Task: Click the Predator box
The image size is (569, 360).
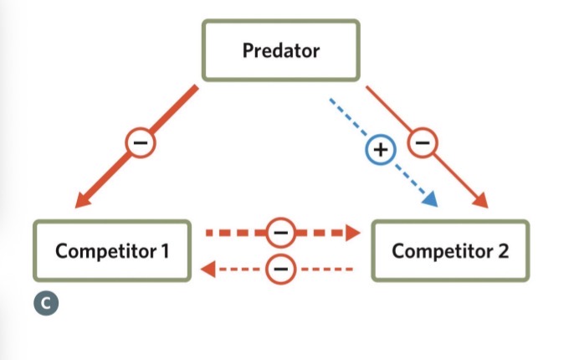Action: click(280, 50)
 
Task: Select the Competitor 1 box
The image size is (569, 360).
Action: click(111, 250)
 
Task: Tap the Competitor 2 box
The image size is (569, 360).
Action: click(450, 250)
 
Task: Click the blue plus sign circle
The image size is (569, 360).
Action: click(380, 151)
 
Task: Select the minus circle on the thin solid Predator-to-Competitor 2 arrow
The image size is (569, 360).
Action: click(423, 145)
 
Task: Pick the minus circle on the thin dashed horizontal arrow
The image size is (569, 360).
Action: click(280, 269)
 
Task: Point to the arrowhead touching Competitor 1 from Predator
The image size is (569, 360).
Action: click(84, 199)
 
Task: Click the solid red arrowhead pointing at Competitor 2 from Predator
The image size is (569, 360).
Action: click(480, 201)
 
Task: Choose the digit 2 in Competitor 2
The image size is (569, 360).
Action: click(502, 250)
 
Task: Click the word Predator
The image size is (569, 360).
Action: click(280, 50)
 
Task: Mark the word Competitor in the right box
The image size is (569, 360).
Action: click(441, 250)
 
